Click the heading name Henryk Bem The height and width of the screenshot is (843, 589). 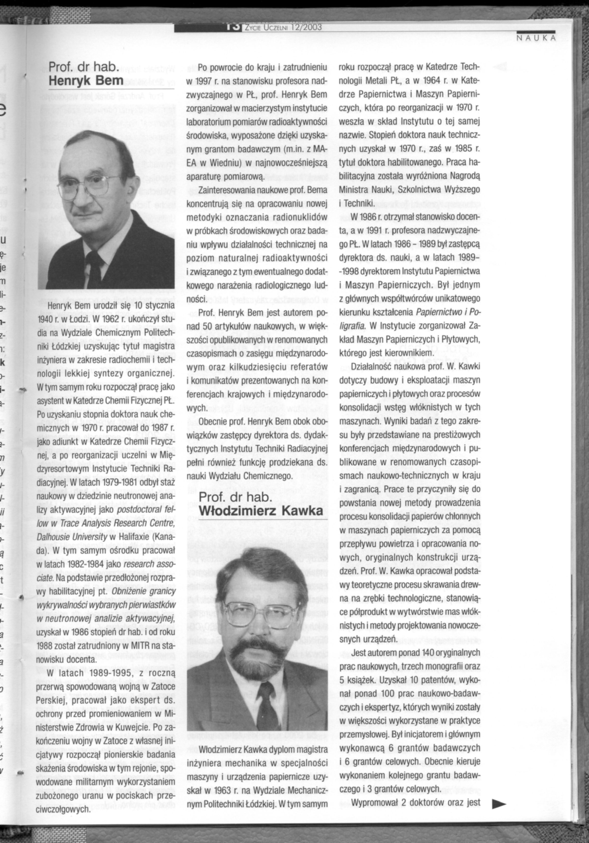(x=86, y=80)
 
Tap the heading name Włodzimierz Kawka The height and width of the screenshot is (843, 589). (x=261, y=511)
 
